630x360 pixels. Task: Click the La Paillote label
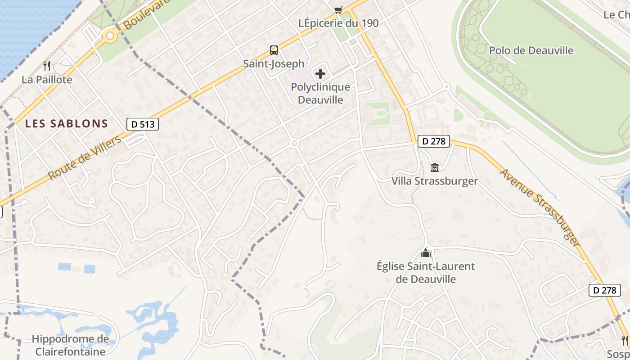(47, 80)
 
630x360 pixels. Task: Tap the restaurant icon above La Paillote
(47, 66)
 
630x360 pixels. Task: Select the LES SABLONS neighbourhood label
(67, 123)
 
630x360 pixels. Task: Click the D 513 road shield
(143, 124)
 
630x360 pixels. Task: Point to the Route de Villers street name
(85, 158)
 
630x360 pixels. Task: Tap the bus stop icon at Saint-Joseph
(274, 50)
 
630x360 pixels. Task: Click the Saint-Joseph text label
(274, 63)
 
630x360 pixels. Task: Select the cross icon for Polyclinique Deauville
(320, 73)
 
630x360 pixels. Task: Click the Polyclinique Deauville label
(320, 93)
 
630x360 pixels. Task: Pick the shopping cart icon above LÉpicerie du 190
(338, 10)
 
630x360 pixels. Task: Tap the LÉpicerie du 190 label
(339, 23)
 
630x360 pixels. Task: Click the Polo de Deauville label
(531, 50)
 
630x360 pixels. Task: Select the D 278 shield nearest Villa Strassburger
(434, 141)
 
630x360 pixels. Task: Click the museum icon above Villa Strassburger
(435, 168)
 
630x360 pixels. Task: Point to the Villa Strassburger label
(435, 181)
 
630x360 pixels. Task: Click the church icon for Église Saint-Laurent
(426, 253)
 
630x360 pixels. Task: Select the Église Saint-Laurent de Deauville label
(426, 272)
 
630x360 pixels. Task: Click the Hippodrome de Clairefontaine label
(70, 345)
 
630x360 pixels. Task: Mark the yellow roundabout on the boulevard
(109, 36)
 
